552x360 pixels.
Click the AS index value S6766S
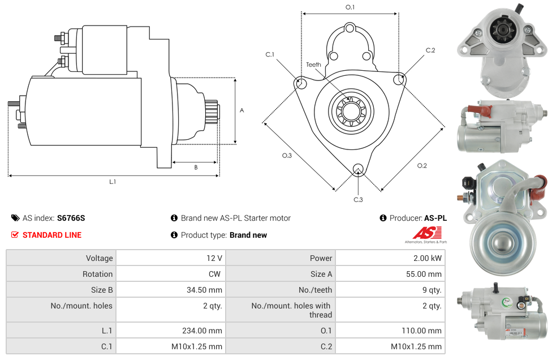(71, 218)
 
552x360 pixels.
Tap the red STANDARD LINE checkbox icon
(15, 234)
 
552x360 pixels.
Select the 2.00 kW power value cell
(390, 258)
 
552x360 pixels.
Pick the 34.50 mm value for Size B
(171, 290)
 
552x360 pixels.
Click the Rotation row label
(97, 274)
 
